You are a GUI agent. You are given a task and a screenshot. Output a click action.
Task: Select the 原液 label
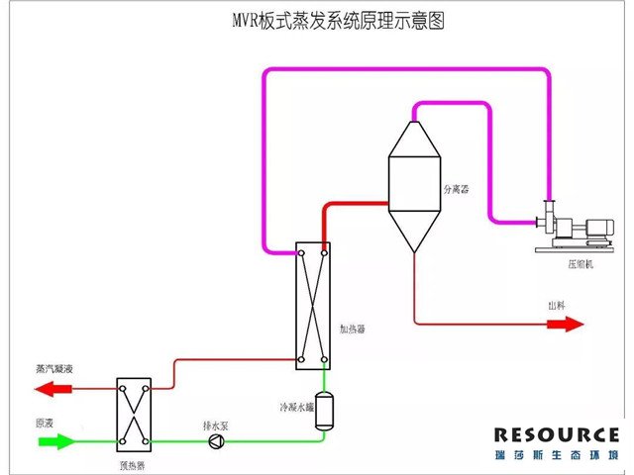[x=45, y=424]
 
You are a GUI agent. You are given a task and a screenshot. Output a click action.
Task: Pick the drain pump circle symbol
[x=217, y=441]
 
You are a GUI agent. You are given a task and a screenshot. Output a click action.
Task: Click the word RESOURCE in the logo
[x=556, y=434]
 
